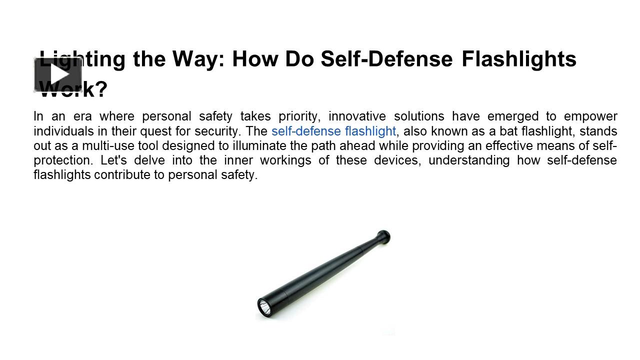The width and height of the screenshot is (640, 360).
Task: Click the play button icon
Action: [58, 75]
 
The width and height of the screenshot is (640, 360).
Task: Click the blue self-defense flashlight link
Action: [333, 131]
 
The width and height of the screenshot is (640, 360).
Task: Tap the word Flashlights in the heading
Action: [518, 59]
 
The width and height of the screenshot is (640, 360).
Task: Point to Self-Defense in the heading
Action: [386, 59]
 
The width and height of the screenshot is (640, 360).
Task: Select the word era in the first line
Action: [80, 117]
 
